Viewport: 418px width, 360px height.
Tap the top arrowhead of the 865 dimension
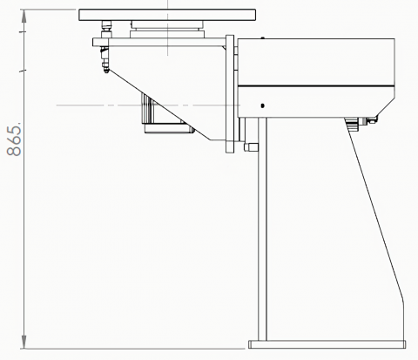(24, 17)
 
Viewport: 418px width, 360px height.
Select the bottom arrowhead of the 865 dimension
(24, 342)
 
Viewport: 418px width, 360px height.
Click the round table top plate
(167, 15)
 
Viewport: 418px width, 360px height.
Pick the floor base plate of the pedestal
(327, 344)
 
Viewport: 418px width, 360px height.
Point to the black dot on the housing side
(263, 105)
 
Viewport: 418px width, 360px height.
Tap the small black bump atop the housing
(263, 37)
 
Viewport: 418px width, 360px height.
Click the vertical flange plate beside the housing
(230, 94)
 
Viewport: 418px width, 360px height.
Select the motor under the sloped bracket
(166, 113)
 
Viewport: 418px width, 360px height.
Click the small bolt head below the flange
(252, 147)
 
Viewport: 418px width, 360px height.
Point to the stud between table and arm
(106, 29)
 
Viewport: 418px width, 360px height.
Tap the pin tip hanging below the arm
(106, 71)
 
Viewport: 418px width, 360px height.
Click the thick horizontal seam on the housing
(316, 86)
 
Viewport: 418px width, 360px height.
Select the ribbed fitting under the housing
(352, 124)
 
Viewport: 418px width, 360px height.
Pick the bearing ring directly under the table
(167, 29)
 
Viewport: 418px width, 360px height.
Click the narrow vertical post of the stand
(262, 229)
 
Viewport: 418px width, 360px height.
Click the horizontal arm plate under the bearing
(159, 42)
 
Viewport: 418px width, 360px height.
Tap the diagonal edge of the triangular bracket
(159, 105)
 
